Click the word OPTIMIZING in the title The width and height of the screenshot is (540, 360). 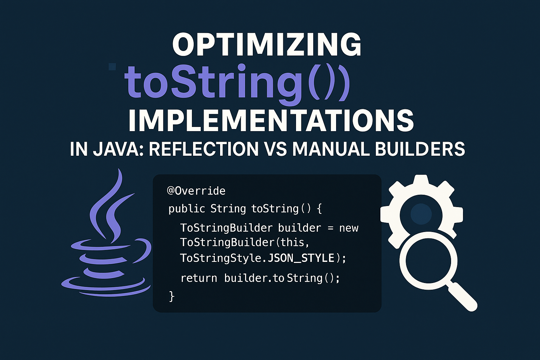click(x=266, y=45)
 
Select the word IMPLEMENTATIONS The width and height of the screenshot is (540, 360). click(x=271, y=120)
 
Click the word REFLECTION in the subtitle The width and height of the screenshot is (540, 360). click(x=204, y=149)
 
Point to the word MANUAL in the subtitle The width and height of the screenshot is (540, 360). click(x=331, y=149)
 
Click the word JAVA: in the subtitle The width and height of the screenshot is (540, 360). click(x=118, y=149)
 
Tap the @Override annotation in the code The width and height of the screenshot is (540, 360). click(x=196, y=191)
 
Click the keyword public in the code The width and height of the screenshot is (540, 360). click(x=187, y=209)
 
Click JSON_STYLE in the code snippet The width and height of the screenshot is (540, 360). click(x=301, y=258)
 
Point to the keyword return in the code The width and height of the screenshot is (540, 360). click(x=199, y=278)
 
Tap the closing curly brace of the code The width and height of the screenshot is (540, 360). click(x=172, y=296)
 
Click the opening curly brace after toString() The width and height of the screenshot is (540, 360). click(x=319, y=209)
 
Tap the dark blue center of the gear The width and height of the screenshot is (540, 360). click(x=421, y=214)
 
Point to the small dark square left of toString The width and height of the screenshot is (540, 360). click(x=112, y=67)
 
